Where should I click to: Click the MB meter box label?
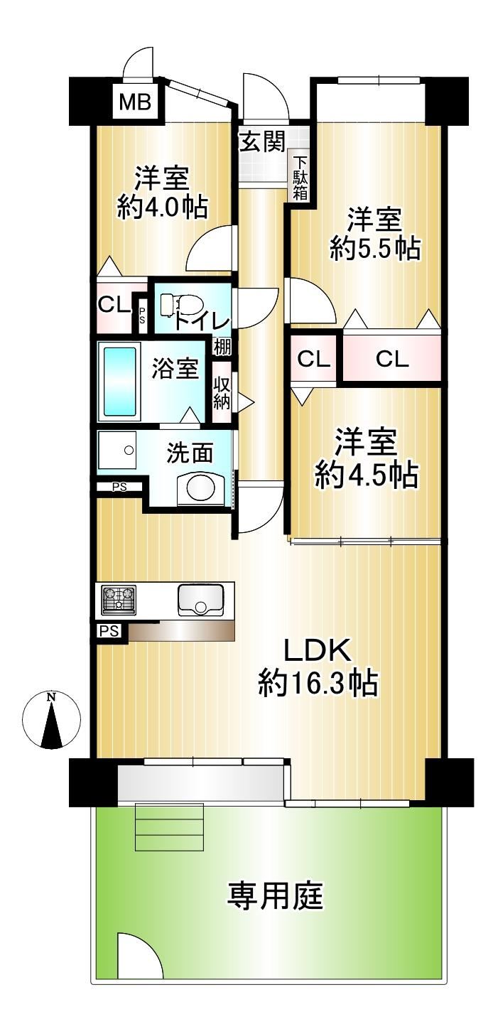(x=136, y=102)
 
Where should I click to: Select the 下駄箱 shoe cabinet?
(x=300, y=178)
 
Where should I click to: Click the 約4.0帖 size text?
(x=163, y=208)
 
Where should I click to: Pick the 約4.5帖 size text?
(x=367, y=475)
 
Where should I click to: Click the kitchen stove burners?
(x=119, y=599)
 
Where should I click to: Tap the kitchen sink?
(x=200, y=599)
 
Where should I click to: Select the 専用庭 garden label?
(x=276, y=895)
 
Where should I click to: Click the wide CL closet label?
(x=392, y=359)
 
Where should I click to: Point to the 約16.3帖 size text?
(x=318, y=683)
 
